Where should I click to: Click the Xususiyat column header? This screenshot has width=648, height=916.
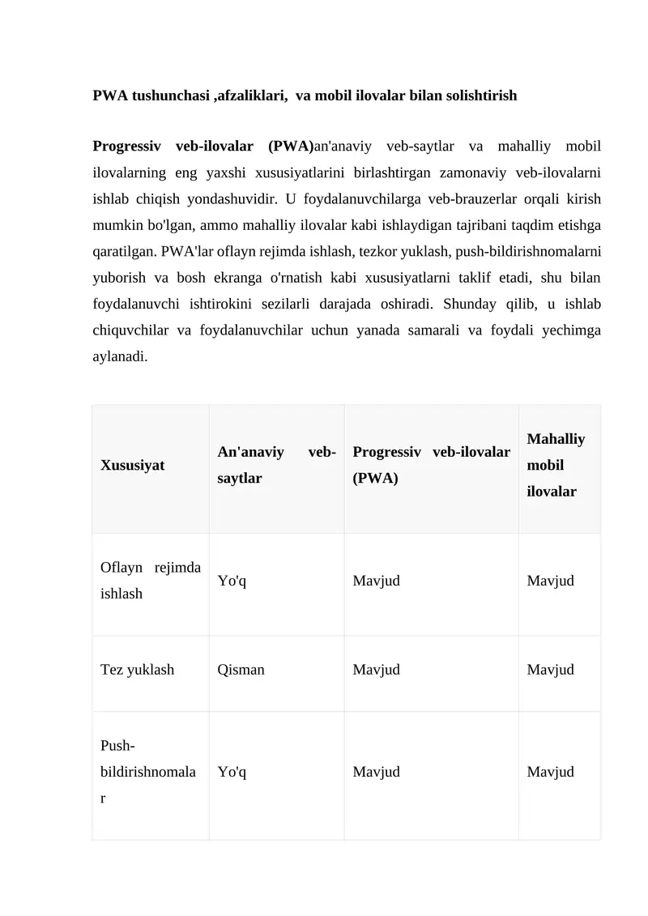coord(133,466)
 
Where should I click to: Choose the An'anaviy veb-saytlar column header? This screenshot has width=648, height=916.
coord(276,465)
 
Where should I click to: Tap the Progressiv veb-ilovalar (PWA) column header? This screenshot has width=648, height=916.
coord(431,465)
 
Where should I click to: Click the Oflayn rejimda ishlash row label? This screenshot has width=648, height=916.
coord(151,581)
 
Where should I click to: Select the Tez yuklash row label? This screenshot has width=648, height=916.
coord(137,670)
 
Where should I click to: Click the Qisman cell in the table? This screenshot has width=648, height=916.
coord(241,670)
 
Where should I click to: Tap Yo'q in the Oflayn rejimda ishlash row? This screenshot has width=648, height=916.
coord(232,581)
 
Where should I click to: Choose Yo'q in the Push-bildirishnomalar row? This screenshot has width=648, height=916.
coord(232,772)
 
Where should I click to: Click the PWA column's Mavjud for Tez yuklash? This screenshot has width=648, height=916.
coord(376,670)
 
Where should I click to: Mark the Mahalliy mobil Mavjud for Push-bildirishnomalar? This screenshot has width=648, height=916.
coord(550,772)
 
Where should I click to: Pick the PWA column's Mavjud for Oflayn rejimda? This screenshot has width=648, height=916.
coord(376,581)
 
